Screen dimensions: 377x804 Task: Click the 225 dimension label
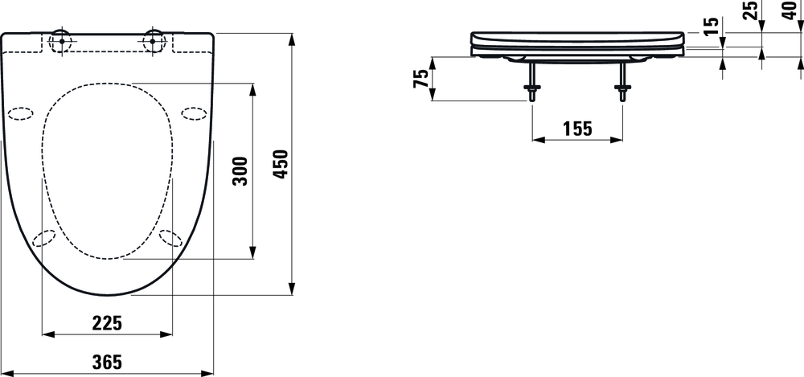(107, 322)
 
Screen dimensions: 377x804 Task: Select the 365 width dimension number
(107, 363)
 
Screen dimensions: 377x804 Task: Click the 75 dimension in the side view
(420, 79)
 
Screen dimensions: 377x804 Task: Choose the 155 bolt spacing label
(576, 128)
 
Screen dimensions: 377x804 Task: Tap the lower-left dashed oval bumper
(47, 238)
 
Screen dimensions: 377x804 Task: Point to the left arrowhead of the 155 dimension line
(537, 139)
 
